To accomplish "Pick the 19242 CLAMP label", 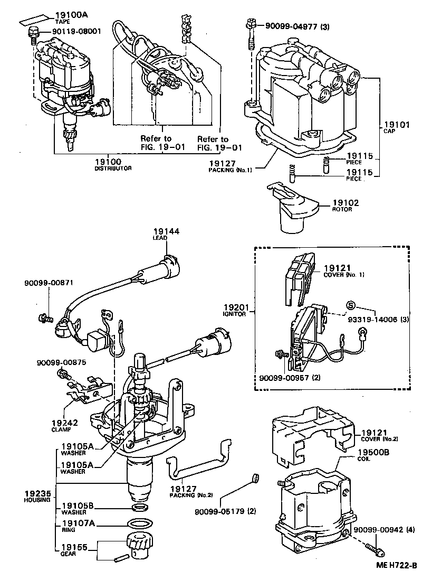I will tap(65, 425).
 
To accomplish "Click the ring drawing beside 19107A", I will tap(139, 525).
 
